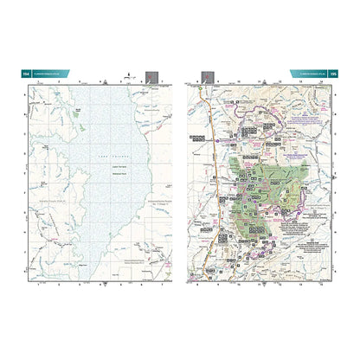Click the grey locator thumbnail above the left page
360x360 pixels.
pos(152,77)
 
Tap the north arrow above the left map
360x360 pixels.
pos(127,77)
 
